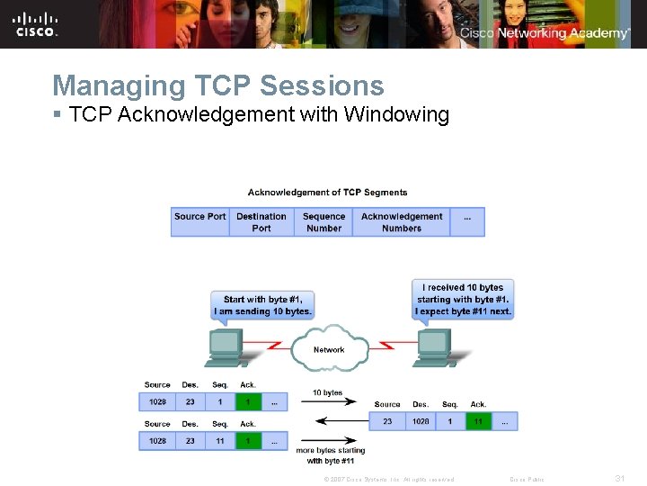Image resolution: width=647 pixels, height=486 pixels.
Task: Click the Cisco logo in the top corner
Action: [x=36, y=23]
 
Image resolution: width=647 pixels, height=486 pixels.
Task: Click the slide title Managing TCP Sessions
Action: [x=218, y=85]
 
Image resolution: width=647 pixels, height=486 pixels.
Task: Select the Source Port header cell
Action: [x=199, y=221]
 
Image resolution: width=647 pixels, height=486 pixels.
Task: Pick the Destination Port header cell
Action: [x=261, y=221]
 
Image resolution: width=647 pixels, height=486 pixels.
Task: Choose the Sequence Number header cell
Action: [x=323, y=221]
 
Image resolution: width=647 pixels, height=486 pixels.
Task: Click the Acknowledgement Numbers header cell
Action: [x=402, y=221]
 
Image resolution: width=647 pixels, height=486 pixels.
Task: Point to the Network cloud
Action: [x=329, y=348]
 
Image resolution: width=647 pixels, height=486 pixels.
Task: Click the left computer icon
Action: [x=226, y=346]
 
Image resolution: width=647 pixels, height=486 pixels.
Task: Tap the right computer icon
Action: [x=433, y=346]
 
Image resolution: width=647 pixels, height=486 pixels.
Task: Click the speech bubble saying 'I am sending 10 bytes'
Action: [x=262, y=305]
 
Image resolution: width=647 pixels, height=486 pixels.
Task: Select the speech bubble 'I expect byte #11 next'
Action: [x=464, y=300]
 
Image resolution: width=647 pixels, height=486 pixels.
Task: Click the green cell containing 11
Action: [x=478, y=420]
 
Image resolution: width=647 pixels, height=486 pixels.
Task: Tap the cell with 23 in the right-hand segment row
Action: [x=387, y=420]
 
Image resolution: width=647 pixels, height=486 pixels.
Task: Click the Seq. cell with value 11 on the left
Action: [x=220, y=441]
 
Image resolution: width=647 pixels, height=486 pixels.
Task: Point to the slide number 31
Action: [x=619, y=479]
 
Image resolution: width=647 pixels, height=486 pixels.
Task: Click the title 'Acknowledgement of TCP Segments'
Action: [x=327, y=192]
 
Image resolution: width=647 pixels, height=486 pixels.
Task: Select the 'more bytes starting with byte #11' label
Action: [x=329, y=455]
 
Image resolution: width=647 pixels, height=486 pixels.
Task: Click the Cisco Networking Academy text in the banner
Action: [x=545, y=33]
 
